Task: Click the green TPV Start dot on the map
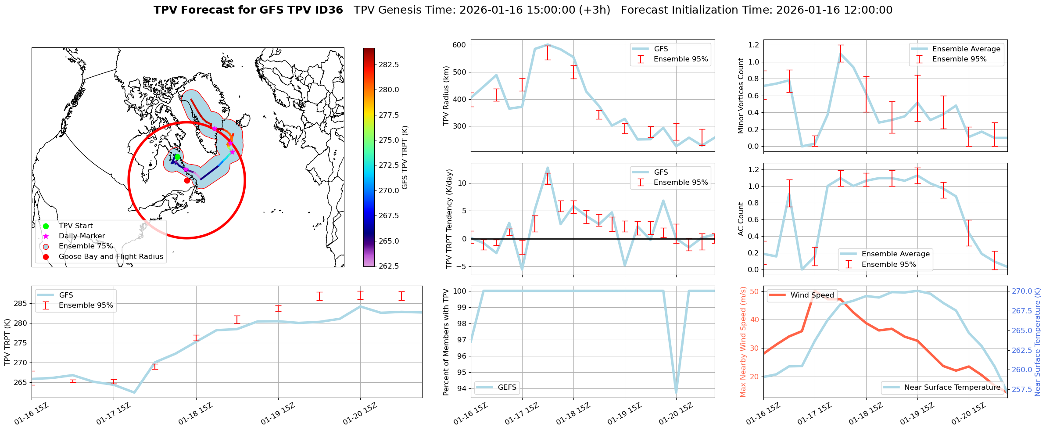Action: [177, 157]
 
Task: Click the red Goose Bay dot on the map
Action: [187, 180]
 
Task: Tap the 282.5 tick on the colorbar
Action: [389, 65]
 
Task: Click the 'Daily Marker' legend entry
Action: [82, 236]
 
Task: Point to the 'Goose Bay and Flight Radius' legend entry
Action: [111, 256]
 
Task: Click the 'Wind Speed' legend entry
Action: [812, 295]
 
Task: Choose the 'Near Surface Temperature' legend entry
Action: [952, 387]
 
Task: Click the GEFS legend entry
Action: [507, 387]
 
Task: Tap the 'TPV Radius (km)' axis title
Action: [446, 96]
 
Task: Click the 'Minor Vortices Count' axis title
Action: [741, 96]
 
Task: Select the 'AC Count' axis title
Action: [741, 219]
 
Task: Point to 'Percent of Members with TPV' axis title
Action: [446, 342]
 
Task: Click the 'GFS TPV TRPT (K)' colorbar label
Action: [405, 157]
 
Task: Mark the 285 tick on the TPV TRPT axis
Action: [21, 304]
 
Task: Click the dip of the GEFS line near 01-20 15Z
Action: [676, 392]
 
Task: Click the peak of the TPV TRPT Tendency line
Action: [548, 168]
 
